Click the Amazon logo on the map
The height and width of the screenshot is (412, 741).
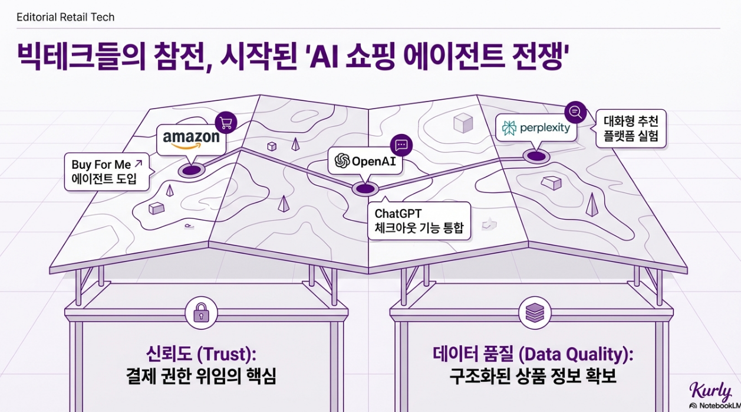point(191,139)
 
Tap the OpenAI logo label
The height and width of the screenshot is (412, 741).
point(365,161)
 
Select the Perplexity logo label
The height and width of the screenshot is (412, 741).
point(536,127)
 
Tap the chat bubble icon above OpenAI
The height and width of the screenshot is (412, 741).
point(401,145)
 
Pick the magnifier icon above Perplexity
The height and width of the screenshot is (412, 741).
point(575,111)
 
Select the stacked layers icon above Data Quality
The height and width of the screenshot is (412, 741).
point(533,313)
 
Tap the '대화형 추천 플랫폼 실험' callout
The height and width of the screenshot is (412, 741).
point(631,130)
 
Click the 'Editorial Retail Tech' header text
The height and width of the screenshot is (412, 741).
point(65,17)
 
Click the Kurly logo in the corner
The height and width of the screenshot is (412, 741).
point(710,391)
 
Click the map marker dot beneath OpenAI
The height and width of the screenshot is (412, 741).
point(364,189)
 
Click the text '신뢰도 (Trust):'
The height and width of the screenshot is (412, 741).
point(202,355)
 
